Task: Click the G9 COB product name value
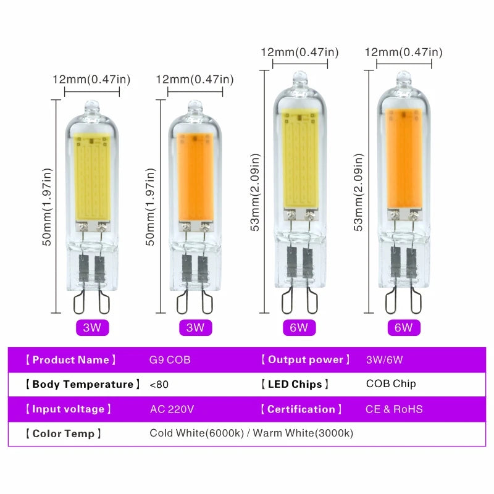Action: [x=170, y=360]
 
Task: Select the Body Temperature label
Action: [x=83, y=384]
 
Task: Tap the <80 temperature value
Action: [x=159, y=384]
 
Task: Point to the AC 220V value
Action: [x=172, y=409]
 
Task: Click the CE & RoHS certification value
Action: [x=394, y=409]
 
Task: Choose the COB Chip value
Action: [x=391, y=383]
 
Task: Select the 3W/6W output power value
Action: [x=384, y=360]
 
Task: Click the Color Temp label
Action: [x=64, y=433]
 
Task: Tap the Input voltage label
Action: [x=69, y=409]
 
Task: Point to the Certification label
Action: [x=301, y=409]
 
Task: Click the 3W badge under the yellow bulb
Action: [x=92, y=328]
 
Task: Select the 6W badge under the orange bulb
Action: [x=404, y=328]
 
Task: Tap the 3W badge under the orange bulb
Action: [x=195, y=328]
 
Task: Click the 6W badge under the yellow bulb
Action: [x=299, y=328]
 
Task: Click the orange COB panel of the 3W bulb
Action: [x=196, y=177]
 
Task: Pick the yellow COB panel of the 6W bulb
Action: [x=299, y=159]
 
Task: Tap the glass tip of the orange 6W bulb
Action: [x=404, y=79]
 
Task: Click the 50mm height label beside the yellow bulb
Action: [x=47, y=207]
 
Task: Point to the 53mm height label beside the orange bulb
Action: [x=359, y=193]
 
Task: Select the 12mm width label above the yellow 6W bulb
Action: [x=299, y=52]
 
